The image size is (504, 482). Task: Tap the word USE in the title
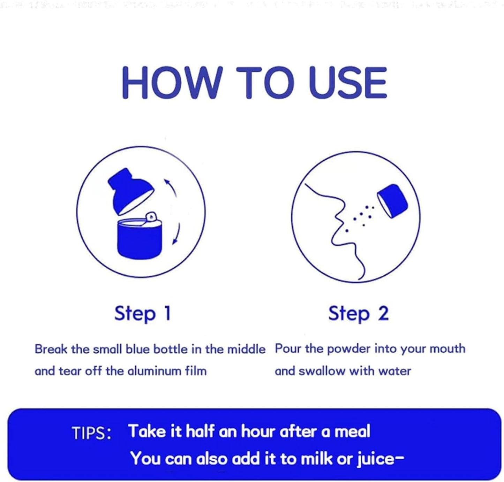[347, 83]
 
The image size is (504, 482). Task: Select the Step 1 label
[143, 314]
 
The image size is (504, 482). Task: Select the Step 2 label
[359, 314]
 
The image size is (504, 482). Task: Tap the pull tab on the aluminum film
[151, 216]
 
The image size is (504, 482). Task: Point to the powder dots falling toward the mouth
[361, 217]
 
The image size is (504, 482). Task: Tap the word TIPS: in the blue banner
[92, 433]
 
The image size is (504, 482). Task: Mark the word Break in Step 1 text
[52, 349]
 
